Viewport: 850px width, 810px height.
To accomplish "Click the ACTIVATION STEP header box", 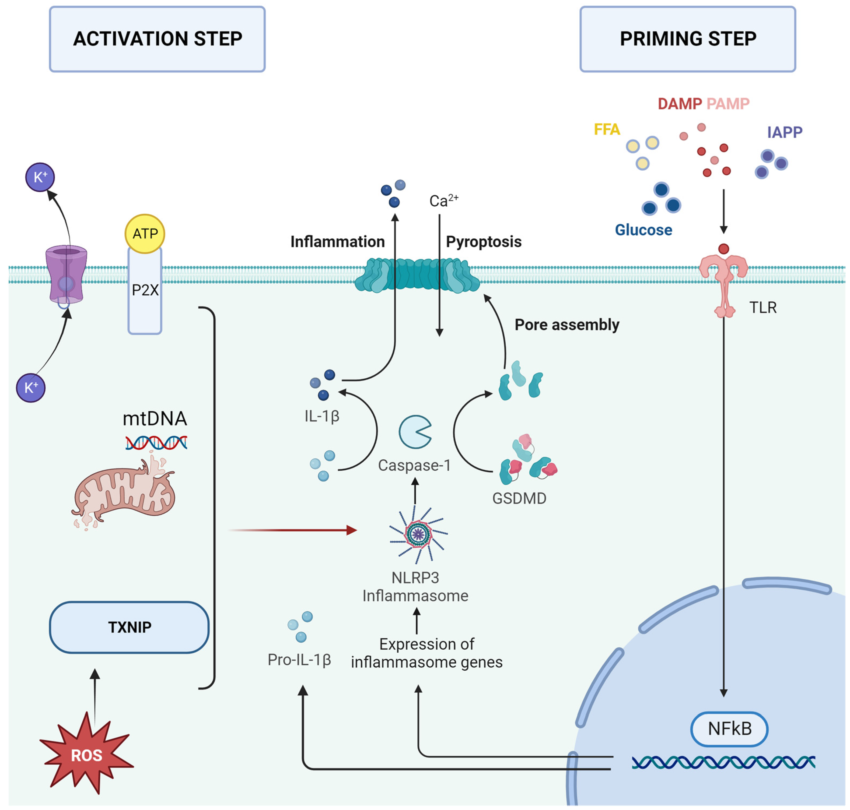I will click(x=157, y=39).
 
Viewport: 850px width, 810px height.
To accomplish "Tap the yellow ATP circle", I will click(x=145, y=234).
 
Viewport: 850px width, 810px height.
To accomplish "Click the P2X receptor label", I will click(x=145, y=290).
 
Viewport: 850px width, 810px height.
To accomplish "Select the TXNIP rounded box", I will click(x=129, y=627).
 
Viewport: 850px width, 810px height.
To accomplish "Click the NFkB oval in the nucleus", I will click(x=729, y=729).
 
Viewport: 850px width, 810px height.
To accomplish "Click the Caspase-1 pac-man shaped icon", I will click(x=414, y=432).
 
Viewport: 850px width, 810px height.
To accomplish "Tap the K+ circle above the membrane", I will click(x=40, y=177).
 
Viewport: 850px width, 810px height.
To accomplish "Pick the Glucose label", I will click(x=643, y=230).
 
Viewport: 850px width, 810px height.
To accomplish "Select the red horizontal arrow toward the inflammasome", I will click(x=294, y=530).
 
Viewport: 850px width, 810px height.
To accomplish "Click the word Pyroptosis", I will click(x=483, y=242).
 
